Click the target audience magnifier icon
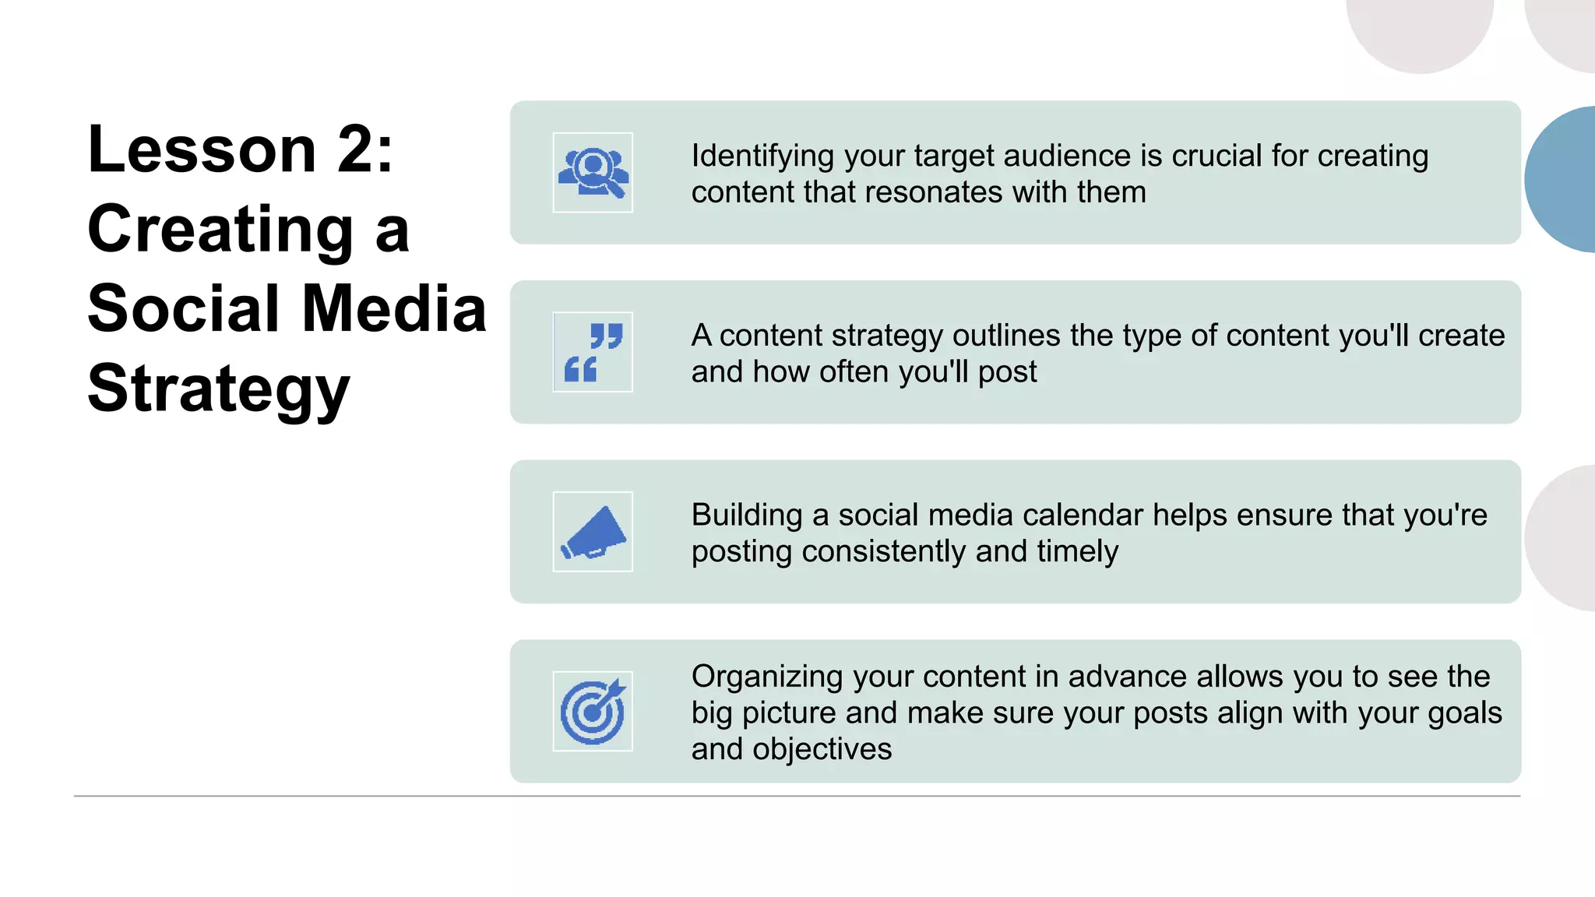[593, 172]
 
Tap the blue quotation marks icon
[593, 352]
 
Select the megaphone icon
[593, 532]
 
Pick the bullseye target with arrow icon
[593, 712]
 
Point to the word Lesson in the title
[202, 149]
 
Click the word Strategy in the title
[219, 389]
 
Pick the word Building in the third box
[746, 515]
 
